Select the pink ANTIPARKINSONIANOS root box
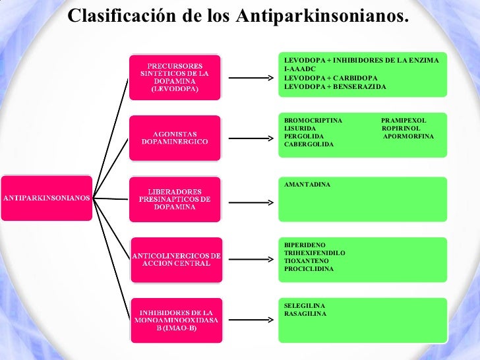click(x=47, y=197)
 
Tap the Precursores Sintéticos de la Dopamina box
click(x=175, y=77)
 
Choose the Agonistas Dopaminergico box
click(x=175, y=137)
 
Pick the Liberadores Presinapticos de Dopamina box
click(x=175, y=198)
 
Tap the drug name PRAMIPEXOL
click(x=404, y=120)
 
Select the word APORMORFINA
click(x=408, y=136)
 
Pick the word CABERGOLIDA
click(x=309, y=144)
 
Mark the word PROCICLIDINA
click(x=309, y=269)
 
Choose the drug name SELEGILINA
click(x=305, y=306)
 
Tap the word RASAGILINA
click(x=305, y=314)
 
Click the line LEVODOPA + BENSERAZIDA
click(x=335, y=87)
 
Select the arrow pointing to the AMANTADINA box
click(x=251, y=199)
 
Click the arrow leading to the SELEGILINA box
click(x=251, y=320)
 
